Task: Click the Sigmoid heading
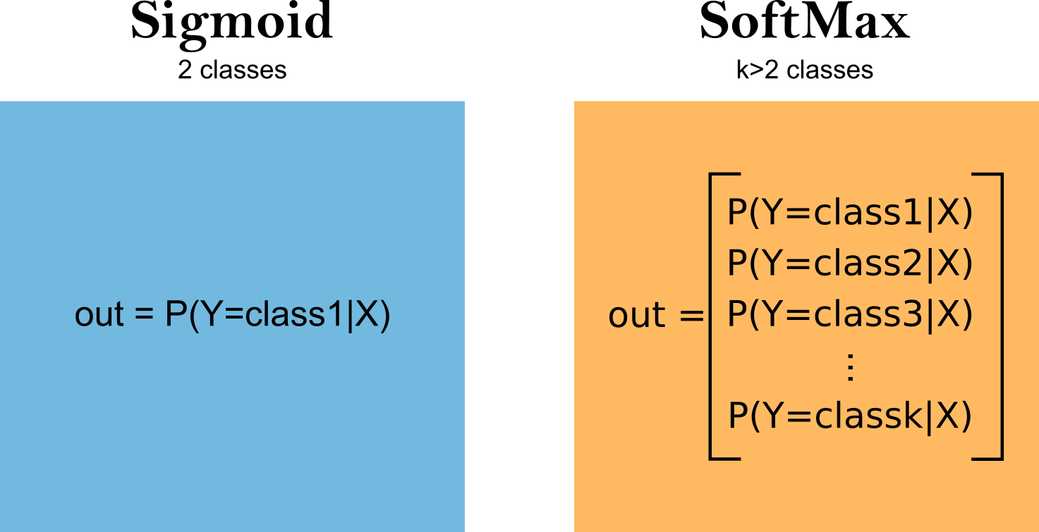point(232,24)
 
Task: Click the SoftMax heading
point(805,20)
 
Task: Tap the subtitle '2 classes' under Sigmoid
point(232,70)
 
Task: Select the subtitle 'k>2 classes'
point(805,70)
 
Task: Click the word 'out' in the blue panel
point(99,314)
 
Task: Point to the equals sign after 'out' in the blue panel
point(144,313)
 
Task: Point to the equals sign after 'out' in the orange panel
point(691,316)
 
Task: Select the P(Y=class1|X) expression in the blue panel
point(277,315)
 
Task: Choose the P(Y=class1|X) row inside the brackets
point(850,214)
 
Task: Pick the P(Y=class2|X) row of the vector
point(850,264)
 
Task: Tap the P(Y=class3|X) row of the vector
point(850,315)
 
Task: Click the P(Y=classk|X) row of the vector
point(850,416)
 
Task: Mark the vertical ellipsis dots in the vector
point(850,368)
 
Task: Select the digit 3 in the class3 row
point(911,314)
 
